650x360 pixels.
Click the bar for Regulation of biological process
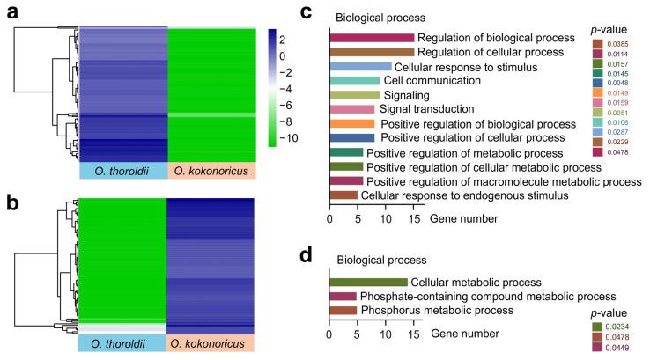[371, 38]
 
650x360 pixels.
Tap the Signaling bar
[354, 95]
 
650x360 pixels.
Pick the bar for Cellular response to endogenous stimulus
[343, 195]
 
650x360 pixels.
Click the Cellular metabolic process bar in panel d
[368, 282]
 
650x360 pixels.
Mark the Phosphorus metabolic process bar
[343, 310]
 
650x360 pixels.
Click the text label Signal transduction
[422, 109]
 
